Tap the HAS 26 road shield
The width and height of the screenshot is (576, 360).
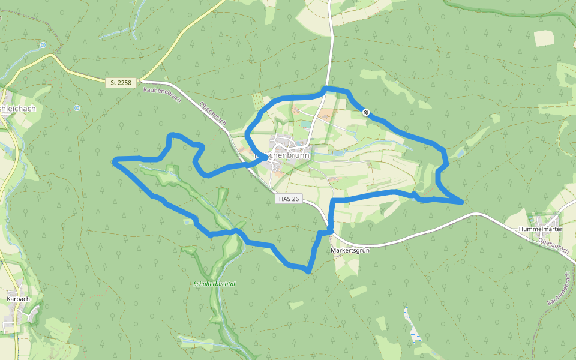tap(289, 199)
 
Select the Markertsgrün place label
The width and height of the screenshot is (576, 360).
tap(350, 250)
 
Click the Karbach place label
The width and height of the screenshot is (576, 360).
tap(18, 298)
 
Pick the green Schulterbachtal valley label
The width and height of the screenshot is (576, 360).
tap(214, 283)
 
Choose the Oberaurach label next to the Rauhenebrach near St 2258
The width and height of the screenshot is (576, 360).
tap(213, 112)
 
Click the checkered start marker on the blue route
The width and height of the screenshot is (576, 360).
tap(365, 112)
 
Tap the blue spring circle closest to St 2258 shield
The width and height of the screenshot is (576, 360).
tap(76, 108)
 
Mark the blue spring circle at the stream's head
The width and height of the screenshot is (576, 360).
tap(43, 44)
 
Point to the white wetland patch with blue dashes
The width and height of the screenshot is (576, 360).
tap(412, 324)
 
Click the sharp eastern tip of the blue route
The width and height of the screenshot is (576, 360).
tap(462, 203)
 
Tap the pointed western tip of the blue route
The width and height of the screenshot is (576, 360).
tap(114, 160)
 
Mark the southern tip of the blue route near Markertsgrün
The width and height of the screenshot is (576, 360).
tap(308, 272)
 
